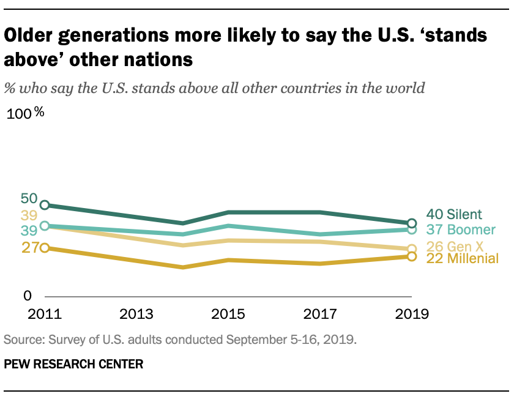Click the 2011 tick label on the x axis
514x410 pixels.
pyautogui.click(x=44, y=315)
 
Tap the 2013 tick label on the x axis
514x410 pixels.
pyautogui.click(x=136, y=315)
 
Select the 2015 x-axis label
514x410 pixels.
pyautogui.click(x=228, y=315)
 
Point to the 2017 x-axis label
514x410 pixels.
pyautogui.click(x=320, y=315)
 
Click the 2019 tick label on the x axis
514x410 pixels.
pyautogui.click(x=412, y=315)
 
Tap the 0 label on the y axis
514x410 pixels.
pyautogui.click(x=27, y=296)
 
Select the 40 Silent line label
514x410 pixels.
pyautogui.click(x=454, y=214)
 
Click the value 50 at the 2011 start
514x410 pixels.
pyautogui.click(x=29, y=198)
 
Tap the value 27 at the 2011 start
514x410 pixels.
pyautogui.click(x=29, y=248)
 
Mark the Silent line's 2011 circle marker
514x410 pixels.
pyautogui.click(x=44, y=205)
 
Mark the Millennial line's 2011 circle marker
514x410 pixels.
pyautogui.click(x=44, y=248)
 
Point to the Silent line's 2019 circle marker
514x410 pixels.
pyautogui.click(x=412, y=223)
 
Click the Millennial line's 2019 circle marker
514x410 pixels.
pyautogui.click(x=412, y=256)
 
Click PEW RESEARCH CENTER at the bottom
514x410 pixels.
pyautogui.click(x=73, y=364)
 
